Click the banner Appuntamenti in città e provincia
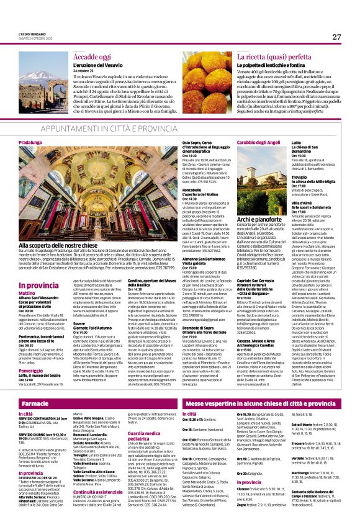179,128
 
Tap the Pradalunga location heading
32,142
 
